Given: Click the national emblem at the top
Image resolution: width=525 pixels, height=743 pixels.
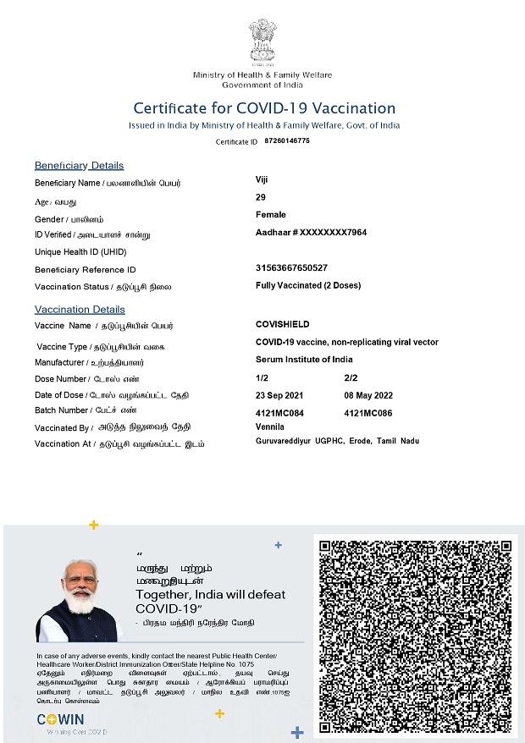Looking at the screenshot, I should (x=262, y=41).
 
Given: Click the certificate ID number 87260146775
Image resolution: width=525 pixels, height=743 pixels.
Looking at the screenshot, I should (x=287, y=140).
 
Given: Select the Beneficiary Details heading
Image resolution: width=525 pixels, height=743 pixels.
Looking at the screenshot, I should (x=79, y=165).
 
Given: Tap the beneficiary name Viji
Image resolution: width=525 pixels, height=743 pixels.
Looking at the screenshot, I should (x=262, y=179).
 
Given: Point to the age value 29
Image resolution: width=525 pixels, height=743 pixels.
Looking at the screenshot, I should (x=261, y=197).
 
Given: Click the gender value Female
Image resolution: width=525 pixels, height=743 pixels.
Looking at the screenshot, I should (x=271, y=215).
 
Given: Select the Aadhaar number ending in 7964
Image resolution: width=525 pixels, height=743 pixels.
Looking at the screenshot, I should (x=311, y=233).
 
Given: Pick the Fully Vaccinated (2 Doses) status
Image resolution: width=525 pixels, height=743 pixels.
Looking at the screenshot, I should (x=308, y=285).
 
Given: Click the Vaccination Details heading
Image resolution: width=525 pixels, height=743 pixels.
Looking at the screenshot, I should (x=80, y=309).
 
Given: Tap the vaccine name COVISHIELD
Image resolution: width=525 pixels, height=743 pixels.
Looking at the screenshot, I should (x=283, y=324).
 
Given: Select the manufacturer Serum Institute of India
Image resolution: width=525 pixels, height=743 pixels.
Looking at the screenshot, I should (x=305, y=360).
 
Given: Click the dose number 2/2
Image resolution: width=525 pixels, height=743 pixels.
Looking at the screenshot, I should (x=351, y=378).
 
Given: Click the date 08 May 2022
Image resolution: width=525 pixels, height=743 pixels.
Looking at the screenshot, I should (x=368, y=395).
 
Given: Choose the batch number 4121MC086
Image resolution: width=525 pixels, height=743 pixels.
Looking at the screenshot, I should (x=368, y=413).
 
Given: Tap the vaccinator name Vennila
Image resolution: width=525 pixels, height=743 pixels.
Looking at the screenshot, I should (x=270, y=427).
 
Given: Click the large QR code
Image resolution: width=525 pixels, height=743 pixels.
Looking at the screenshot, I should (x=415, y=636).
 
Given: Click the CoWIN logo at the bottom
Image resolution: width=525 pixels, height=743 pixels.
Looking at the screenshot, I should (x=59, y=720).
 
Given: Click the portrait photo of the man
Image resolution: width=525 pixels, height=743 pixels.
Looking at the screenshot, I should (x=82, y=602).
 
